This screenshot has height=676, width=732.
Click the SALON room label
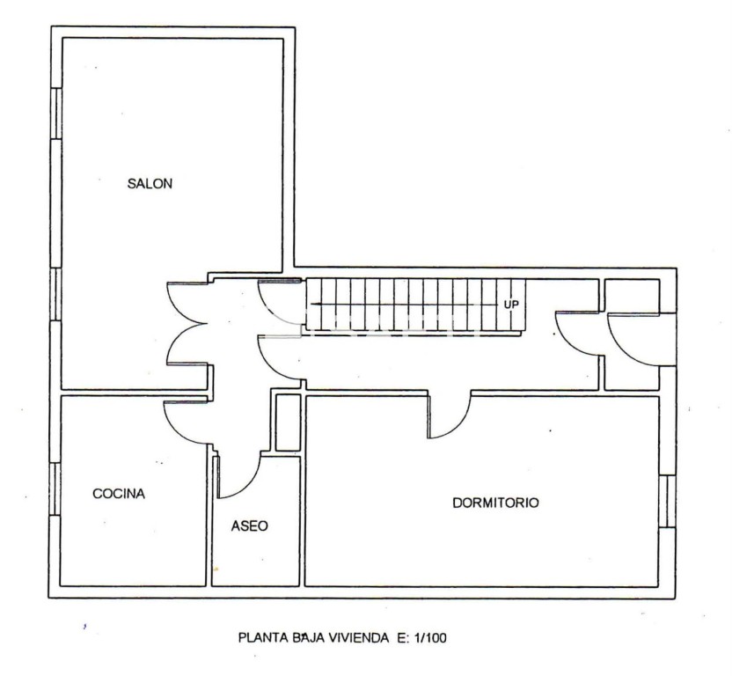[x=150, y=184]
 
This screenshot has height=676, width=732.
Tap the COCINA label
[x=119, y=494]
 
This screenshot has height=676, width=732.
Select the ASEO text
[x=250, y=526]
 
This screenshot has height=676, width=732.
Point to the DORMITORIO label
[x=496, y=503]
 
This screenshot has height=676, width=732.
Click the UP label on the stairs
[x=511, y=305]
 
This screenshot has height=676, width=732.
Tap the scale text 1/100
[x=428, y=637]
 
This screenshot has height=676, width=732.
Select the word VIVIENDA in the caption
[x=360, y=637]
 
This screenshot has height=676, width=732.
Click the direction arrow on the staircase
[x=406, y=305]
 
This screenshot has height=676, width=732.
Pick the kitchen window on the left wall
[x=55, y=489]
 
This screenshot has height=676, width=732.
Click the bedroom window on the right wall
[x=668, y=501]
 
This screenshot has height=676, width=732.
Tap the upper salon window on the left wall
[x=55, y=114]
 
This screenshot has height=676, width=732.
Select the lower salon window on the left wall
[x=55, y=294]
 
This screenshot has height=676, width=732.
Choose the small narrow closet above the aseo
[x=288, y=422]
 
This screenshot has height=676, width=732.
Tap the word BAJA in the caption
[x=307, y=637]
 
